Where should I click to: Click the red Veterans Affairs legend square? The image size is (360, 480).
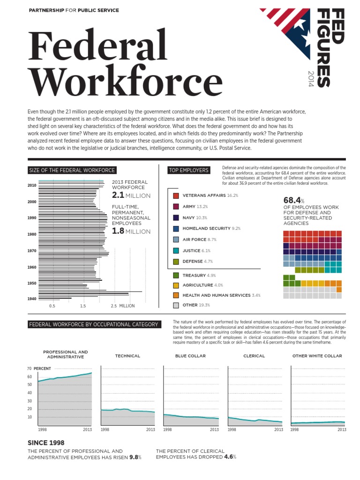pyautogui.click(x=176, y=195)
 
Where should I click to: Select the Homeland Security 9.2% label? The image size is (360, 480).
pyautogui.click(x=211, y=228)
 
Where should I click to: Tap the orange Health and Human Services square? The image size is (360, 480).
pyautogui.click(x=176, y=295)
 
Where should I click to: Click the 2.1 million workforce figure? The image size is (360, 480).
pyautogui.click(x=131, y=195)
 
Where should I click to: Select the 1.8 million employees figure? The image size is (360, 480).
pyautogui.click(x=131, y=232)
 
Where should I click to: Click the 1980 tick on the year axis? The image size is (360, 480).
pyautogui.click(x=31, y=234)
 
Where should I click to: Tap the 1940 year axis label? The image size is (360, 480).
pyautogui.click(x=31, y=299)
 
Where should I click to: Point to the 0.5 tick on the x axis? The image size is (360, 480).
pyautogui.click(x=52, y=306)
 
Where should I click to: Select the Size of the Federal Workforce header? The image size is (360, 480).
pyautogui.click(x=72, y=170)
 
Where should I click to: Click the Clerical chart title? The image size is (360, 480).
pyautogui.click(x=254, y=356)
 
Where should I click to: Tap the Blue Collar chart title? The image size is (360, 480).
pyautogui.click(x=190, y=356)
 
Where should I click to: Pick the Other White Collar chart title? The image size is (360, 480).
pyautogui.click(x=317, y=356)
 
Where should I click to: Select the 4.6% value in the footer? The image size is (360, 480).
pyautogui.click(x=230, y=457)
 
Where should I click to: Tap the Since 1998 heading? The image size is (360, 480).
pyautogui.click(x=46, y=442)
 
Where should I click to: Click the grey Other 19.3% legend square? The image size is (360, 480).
pyautogui.click(x=176, y=305)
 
